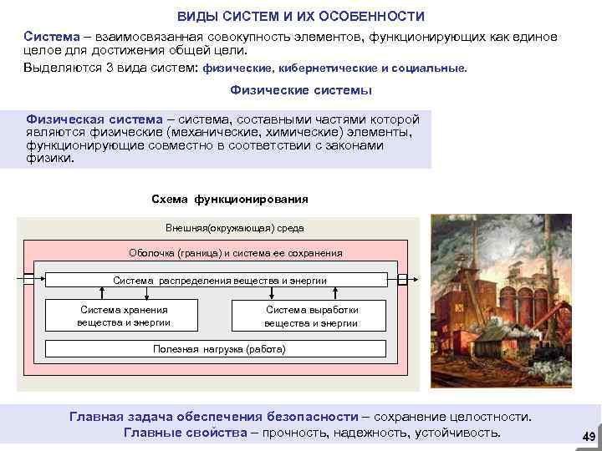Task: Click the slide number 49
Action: pyautogui.click(x=588, y=437)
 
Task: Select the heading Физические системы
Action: pyautogui.click(x=300, y=90)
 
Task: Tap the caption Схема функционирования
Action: pyautogui.click(x=230, y=200)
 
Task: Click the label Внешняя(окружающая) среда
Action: pyautogui.click(x=235, y=228)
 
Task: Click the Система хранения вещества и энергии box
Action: pyautogui.click(x=124, y=316)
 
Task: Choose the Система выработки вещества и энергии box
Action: pyautogui.click(x=311, y=316)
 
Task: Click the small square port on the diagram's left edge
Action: pyautogui.click(x=28, y=279)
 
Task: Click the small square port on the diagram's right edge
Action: pyautogui.click(x=403, y=279)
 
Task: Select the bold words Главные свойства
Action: pyautogui.click(x=185, y=432)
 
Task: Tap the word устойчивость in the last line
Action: pyautogui.click(x=460, y=432)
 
